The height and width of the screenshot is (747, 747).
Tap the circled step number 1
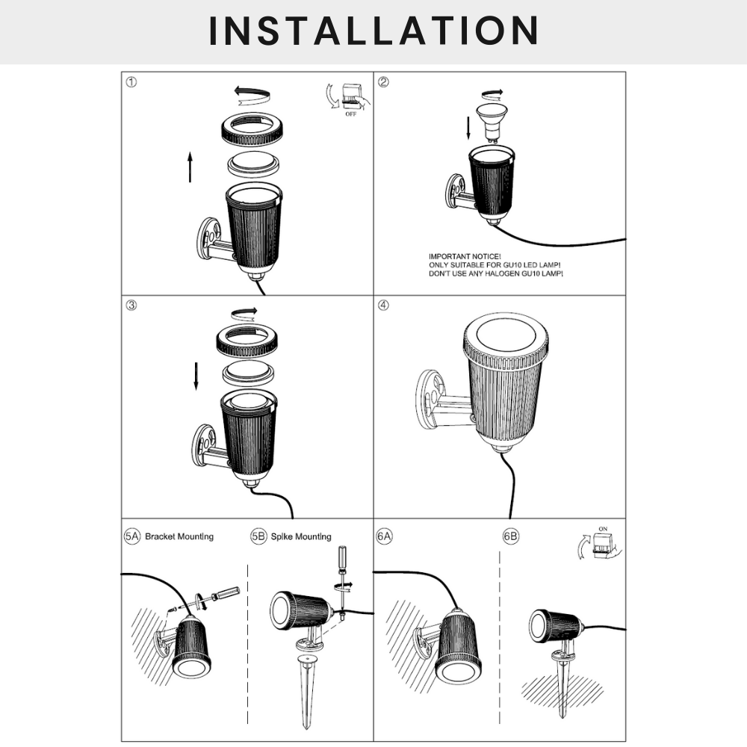coord(131,82)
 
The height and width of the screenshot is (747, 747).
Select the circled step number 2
coord(383,82)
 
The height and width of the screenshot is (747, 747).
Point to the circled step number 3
coord(131,306)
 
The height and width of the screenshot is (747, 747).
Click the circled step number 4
coord(383,306)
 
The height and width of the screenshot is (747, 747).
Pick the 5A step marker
coord(131,536)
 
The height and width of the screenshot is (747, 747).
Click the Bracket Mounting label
coord(179,536)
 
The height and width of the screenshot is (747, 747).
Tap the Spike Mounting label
coord(301,536)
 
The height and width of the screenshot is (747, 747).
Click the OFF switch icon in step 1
coord(349,98)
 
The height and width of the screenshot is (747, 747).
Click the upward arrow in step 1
coord(190,167)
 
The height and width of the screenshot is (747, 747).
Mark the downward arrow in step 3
coord(196,375)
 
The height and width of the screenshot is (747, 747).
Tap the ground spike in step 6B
coord(562,684)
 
